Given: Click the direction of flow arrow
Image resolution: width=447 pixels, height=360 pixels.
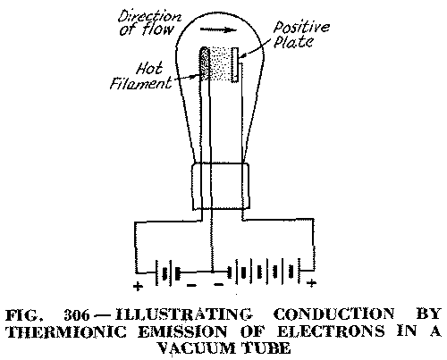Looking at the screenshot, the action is click(x=218, y=29).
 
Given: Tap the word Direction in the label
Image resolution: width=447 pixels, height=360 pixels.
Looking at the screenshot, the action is click(x=149, y=16).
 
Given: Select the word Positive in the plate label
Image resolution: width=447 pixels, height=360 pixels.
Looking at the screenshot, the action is click(x=301, y=28).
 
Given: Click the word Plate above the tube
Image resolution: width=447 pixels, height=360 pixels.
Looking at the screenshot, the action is click(x=293, y=41).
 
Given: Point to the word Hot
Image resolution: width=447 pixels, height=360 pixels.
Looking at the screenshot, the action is click(x=149, y=68).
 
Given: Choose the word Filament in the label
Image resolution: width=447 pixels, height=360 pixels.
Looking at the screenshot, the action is click(x=140, y=82).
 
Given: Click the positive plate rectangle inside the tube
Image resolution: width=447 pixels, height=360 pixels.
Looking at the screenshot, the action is click(x=235, y=64).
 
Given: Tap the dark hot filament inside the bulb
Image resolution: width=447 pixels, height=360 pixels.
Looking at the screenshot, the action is click(x=205, y=63).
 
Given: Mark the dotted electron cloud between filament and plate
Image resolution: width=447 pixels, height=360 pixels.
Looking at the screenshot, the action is click(x=221, y=64).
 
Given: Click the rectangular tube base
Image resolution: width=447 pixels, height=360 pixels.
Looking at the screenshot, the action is click(x=221, y=186).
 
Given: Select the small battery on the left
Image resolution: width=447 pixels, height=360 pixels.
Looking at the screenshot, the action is click(x=168, y=272).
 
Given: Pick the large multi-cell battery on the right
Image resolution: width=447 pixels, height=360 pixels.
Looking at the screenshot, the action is click(x=264, y=272).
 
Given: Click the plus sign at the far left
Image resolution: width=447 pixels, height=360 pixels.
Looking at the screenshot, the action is click(x=138, y=287).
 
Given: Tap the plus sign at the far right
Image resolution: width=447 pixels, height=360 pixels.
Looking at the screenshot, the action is click(x=311, y=283).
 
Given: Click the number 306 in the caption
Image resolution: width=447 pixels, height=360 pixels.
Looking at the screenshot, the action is click(x=77, y=315).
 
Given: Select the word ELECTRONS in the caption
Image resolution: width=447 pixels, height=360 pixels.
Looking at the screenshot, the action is click(x=331, y=331).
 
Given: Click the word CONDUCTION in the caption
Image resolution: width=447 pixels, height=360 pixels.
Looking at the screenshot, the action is click(x=333, y=314).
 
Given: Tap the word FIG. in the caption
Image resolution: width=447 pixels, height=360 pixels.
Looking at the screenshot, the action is click(x=22, y=315).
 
